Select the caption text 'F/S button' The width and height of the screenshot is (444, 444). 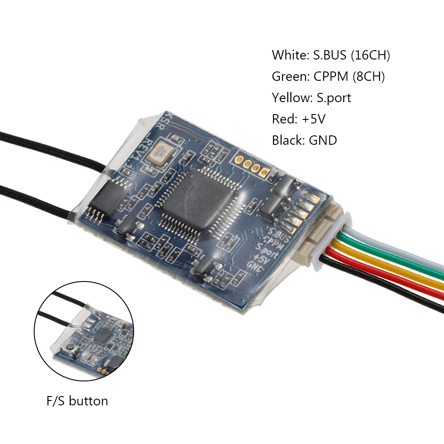coord(77,401)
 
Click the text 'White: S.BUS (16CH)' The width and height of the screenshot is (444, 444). coord(331,55)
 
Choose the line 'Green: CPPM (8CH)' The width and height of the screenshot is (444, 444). coord(328,77)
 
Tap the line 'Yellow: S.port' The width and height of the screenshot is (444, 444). coord(311,98)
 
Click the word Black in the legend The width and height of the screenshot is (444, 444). coord(287,141)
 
